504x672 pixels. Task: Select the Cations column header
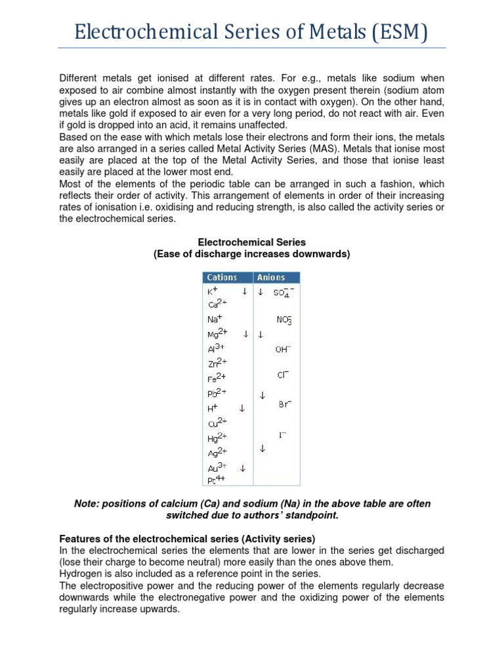[x=222, y=278]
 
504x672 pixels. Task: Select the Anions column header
[x=271, y=278]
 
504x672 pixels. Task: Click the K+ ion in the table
[x=212, y=291]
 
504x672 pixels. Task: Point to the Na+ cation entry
[x=213, y=319]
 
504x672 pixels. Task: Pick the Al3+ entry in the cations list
[x=216, y=348]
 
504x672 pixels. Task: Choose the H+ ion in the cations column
[x=212, y=408]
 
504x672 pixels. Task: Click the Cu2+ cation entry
[x=217, y=422]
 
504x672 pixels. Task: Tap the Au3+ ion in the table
[x=217, y=468]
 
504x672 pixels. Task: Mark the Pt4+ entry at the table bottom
[x=217, y=480]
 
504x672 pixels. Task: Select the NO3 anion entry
[x=284, y=320]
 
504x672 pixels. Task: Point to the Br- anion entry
[x=284, y=405]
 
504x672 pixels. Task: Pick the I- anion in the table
[x=283, y=435]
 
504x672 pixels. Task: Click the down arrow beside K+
[x=244, y=291]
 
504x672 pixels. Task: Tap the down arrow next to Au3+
[x=243, y=469]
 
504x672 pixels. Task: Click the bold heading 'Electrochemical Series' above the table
[x=252, y=242]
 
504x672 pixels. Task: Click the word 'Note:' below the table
[x=87, y=504]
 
